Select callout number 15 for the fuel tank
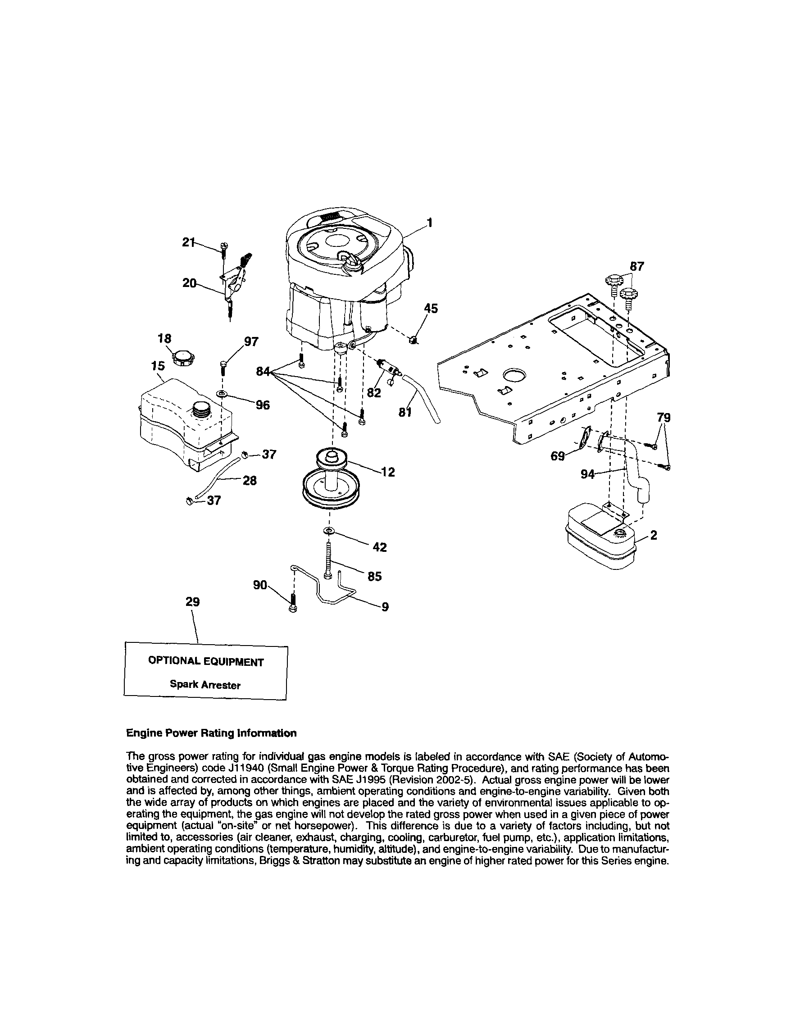click(x=158, y=366)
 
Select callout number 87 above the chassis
click(x=636, y=266)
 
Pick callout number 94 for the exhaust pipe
click(x=587, y=474)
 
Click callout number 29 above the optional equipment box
click(x=192, y=602)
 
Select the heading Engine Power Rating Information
click(x=211, y=733)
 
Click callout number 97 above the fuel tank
click(x=251, y=342)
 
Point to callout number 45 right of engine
click(x=431, y=308)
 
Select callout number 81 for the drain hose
click(x=405, y=412)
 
